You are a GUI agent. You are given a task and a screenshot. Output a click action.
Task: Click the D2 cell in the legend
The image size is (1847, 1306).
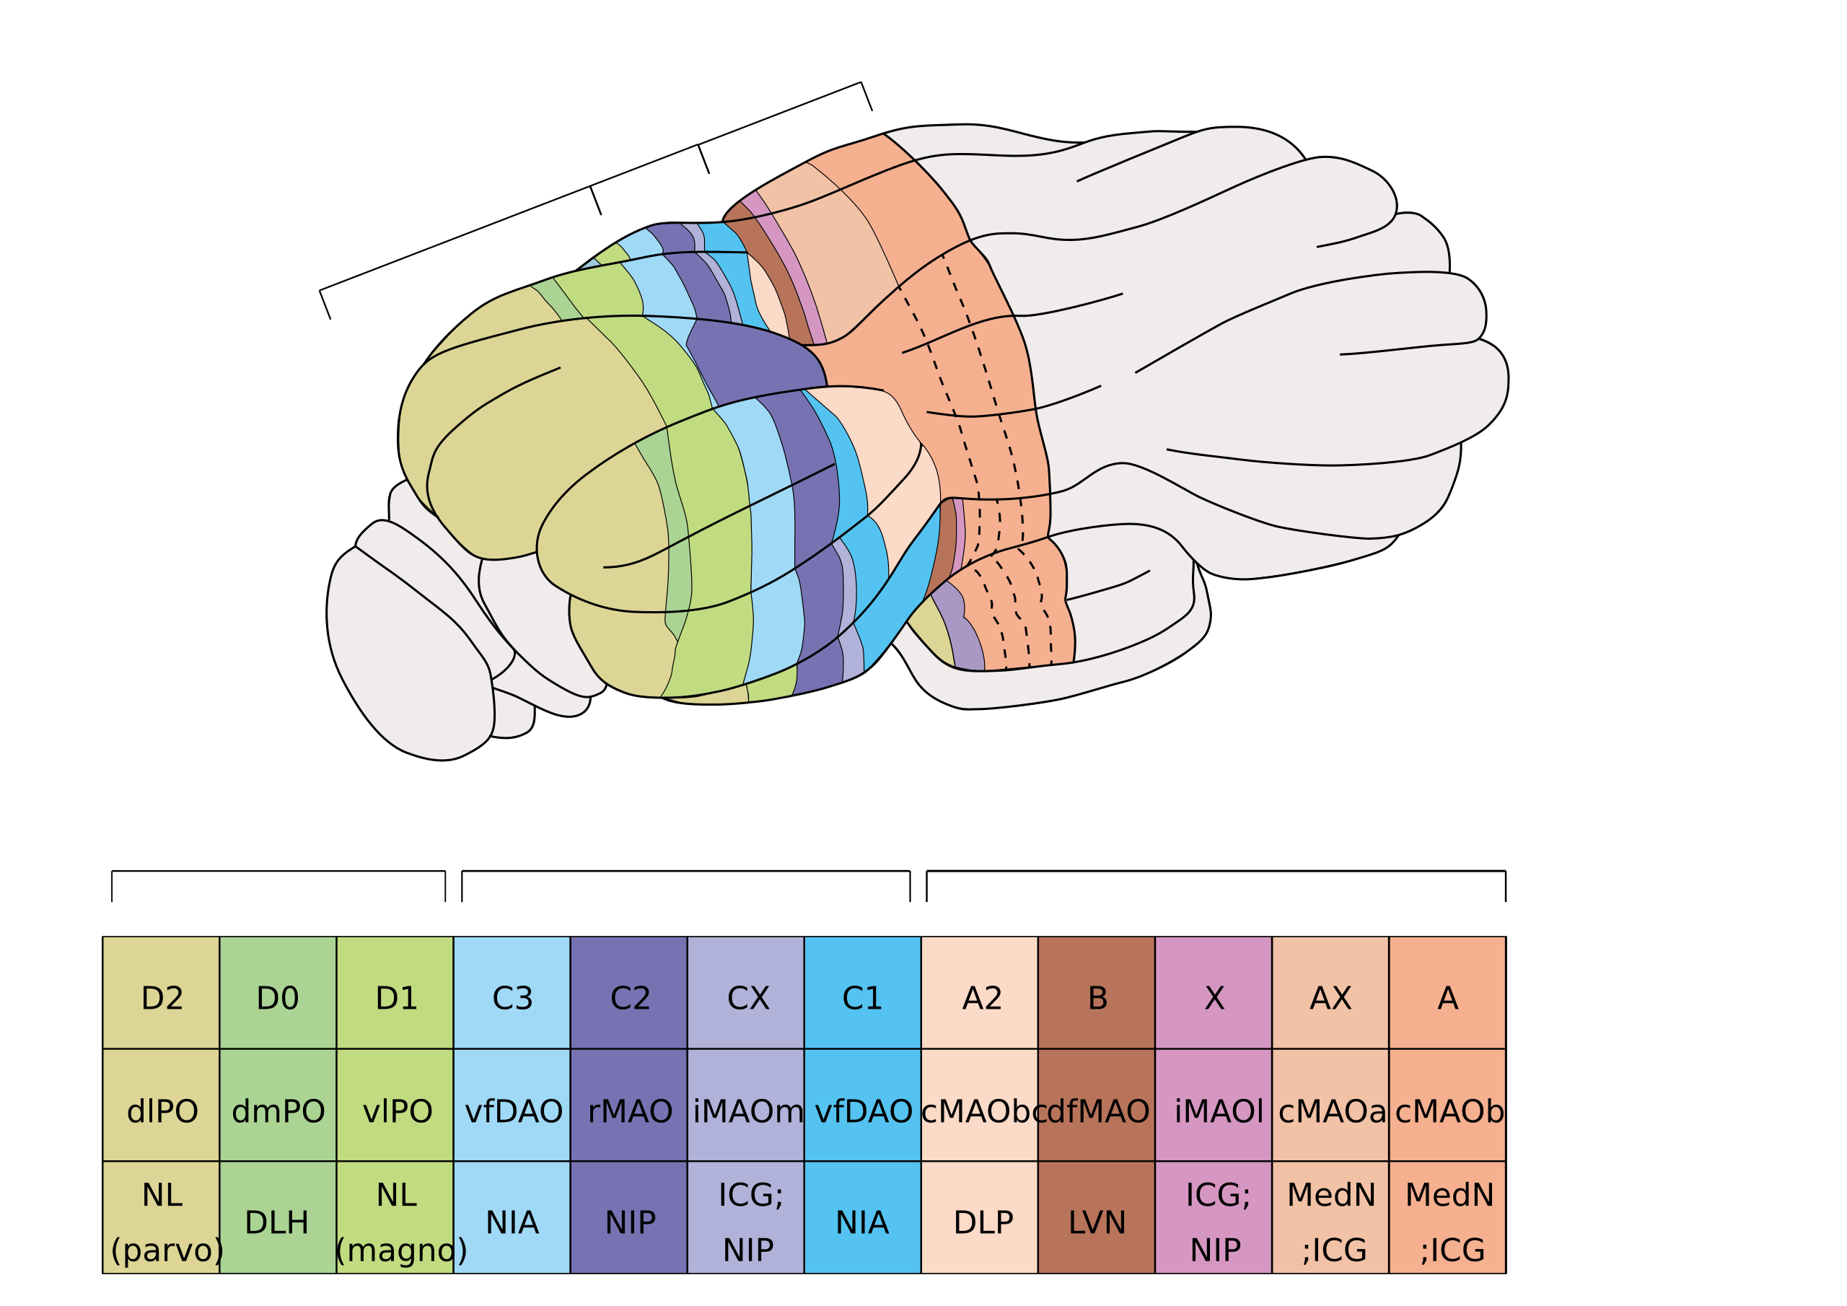pos(162,999)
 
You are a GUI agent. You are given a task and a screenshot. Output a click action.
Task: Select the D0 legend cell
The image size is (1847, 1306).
pos(278,999)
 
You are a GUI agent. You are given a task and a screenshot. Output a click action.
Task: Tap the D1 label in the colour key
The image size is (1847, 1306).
pos(396,999)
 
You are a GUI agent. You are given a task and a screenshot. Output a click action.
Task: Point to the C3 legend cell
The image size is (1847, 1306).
pos(512,999)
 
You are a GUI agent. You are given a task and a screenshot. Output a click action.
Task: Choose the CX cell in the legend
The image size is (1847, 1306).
pos(747,999)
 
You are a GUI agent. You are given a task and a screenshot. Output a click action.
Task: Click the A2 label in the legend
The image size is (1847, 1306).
pos(981,999)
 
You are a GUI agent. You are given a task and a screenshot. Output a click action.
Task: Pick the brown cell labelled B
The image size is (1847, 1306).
pos(1097,999)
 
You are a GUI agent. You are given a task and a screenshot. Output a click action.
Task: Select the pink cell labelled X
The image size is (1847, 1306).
pos(1214,999)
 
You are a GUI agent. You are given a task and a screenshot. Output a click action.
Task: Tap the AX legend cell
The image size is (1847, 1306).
pos(1330,999)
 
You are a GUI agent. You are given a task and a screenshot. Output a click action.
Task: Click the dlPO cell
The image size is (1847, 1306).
pos(162,1111)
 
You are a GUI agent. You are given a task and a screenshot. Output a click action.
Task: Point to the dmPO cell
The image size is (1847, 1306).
pos(278,1111)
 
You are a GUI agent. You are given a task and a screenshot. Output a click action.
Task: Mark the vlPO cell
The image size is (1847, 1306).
pos(397,1111)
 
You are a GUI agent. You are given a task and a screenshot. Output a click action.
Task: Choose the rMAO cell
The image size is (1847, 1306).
pos(630,1111)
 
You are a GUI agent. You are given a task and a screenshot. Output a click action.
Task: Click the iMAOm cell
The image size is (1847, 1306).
pos(747,1111)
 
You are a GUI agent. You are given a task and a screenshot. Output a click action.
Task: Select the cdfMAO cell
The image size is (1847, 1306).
pos(1097,1111)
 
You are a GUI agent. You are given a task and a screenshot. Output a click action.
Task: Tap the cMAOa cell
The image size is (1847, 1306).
pos(1331,1111)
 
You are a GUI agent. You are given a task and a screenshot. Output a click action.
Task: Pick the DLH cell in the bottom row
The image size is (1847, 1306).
pos(277,1222)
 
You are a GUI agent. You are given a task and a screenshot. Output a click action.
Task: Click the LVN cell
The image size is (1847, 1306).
pos(1097,1222)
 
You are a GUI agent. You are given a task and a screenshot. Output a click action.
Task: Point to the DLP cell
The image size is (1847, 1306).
pos(982,1222)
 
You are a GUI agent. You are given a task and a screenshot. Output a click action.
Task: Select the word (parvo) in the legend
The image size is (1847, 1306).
pos(167,1250)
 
